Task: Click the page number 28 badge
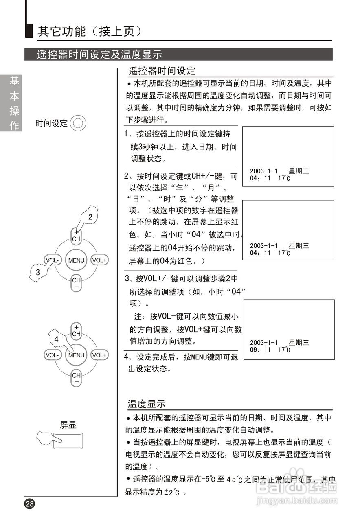coord(30,503)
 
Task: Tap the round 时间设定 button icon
coord(78,123)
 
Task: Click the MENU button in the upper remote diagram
coord(76,260)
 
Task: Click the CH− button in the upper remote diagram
coord(76,282)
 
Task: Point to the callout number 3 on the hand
coord(38,273)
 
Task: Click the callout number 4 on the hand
coord(56,339)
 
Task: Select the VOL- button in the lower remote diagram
coord(53,355)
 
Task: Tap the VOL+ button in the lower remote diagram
coord(99,355)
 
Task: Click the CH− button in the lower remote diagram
coord(76,378)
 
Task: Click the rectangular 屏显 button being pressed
coord(68,440)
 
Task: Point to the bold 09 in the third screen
coord(255,349)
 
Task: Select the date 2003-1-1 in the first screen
coord(263,171)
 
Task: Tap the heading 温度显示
coord(147,404)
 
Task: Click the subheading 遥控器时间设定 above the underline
coord(162,71)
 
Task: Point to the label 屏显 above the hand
coord(68,425)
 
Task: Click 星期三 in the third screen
coord(299,342)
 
